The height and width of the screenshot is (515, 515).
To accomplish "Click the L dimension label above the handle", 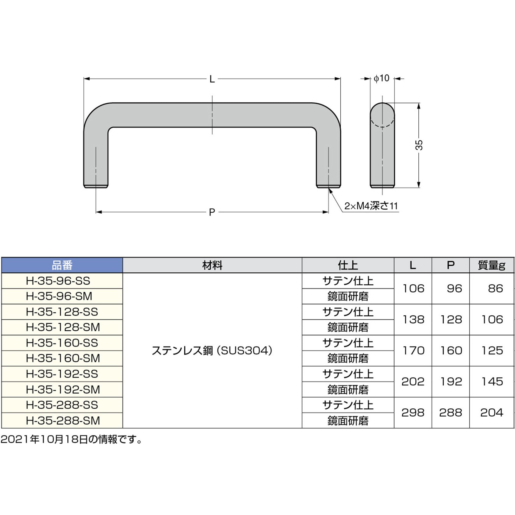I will (212, 79).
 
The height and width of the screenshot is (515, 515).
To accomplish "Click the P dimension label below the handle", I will (212, 212).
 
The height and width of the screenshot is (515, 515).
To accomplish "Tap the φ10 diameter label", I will (382, 78).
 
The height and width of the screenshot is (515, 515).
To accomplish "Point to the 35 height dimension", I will (419, 145).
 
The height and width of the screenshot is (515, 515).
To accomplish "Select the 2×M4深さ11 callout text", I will (371, 206).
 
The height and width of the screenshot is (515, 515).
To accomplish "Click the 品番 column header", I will (62, 265).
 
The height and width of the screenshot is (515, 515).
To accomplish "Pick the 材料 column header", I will (212, 265).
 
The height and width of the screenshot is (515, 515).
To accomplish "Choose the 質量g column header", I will (491, 265).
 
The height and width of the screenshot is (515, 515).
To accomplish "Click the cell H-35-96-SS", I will (58, 281).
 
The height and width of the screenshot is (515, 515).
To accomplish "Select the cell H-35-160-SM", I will (63, 358).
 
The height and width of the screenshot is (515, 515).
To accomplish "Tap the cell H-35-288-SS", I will (62, 405).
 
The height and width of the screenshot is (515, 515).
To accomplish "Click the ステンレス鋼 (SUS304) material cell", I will (212, 350).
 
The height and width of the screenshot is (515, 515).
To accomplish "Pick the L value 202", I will (413, 382).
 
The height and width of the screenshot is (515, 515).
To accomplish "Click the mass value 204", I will (491, 413).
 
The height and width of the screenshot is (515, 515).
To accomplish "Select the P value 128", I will (451, 319).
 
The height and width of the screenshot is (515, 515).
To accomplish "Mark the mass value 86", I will (495, 288).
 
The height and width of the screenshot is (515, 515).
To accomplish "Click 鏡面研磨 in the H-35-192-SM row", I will (348, 389).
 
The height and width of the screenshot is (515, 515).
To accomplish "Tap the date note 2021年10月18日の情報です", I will (72, 439).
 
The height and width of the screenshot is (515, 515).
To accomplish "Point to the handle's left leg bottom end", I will (96, 186).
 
